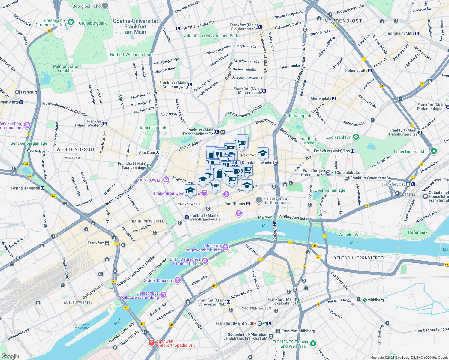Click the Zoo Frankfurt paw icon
pyautogui.click(x=356, y=137)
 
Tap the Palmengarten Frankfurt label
pyautogui.click(x=66, y=68)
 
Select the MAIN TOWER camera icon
pyautogui.click(x=166, y=180)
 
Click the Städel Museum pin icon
pyautogui.click(x=178, y=280)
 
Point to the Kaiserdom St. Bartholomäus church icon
pyautogui.click(x=259, y=200)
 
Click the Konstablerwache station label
pyautogui.click(x=257, y=163)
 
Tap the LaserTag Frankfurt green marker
pyautogui.click(x=434, y=151)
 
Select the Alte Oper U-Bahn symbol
pyautogui.click(x=158, y=152)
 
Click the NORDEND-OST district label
pyautogui.click(x=343, y=21)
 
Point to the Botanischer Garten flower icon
pyautogui.click(x=71, y=22)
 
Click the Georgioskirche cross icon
pyautogui.click(x=105, y=6)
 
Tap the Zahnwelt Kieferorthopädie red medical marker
pyautogui.click(x=152, y=343)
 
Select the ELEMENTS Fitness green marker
pyautogui.click(x=313, y=343)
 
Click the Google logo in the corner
pyautogui.click(x=10, y=356)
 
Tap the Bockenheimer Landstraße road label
pyautogui.click(x=65, y=109)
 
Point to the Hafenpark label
pyautogui.click(x=418, y=232)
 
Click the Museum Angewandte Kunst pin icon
pyautogui.click(x=225, y=247)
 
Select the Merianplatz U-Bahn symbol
pyautogui.click(x=334, y=98)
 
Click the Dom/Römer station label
pyautogui.click(x=235, y=204)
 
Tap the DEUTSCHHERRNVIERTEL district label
pyautogui.click(x=359, y=258)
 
